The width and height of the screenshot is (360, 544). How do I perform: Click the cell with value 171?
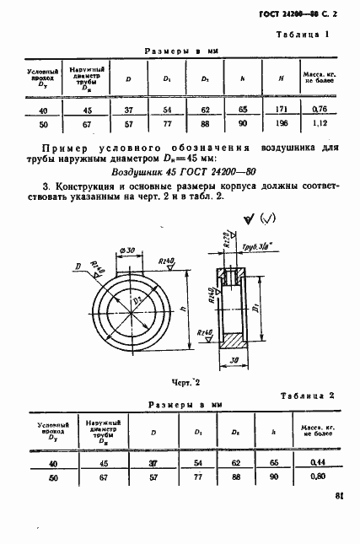279,110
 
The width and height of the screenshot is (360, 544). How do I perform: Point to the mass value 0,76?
318,110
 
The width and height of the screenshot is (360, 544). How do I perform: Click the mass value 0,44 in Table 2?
318,464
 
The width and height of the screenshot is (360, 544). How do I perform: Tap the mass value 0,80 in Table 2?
318,477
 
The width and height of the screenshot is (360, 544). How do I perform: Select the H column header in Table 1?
279,79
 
